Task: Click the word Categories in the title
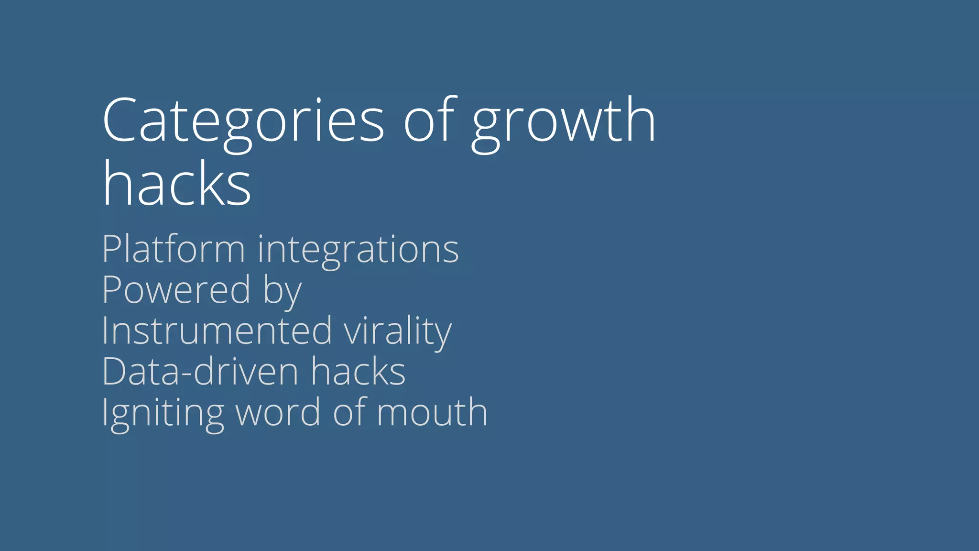[243, 121]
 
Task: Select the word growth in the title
[564, 122]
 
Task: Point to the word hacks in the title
[177, 184]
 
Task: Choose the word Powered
[176, 290]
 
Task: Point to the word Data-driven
[200, 371]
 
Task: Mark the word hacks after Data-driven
[358, 371]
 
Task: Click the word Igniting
[163, 414]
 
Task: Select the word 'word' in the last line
[278, 412]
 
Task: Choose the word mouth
[432, 412]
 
